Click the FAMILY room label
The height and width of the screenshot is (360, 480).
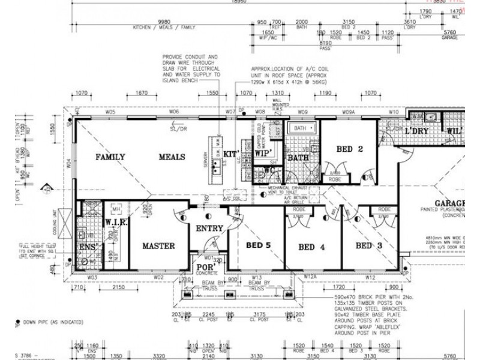(x=110, y=157)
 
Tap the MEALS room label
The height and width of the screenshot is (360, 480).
(x=172, y=157)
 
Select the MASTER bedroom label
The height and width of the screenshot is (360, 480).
(x=158, y=245)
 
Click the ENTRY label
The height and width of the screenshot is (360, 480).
(x=209, y=228)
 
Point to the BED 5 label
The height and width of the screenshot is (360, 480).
(x=259, y=245)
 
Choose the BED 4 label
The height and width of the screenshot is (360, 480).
(x=311, y=246)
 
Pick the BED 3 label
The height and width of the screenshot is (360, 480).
(x=368, y=245)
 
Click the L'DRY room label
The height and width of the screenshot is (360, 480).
(x=415, y=131)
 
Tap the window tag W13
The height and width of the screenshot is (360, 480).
(x=258, y=277)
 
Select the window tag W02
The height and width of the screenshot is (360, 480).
(x=158, y=277)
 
